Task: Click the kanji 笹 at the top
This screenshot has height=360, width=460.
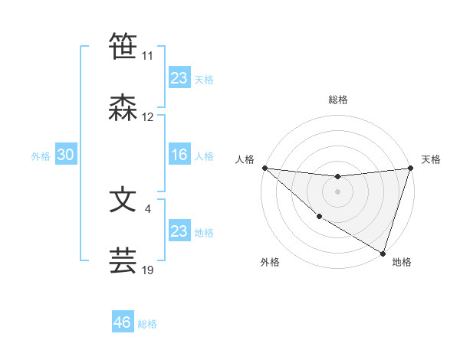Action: click(x=123, y=46)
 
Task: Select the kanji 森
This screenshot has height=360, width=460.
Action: click(x=123, y=108)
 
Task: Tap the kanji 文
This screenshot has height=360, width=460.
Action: click(x=123, y=199)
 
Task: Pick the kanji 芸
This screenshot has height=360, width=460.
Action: click(x=123, y=260)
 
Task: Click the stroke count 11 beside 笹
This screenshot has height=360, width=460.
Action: click(x=148, y=56)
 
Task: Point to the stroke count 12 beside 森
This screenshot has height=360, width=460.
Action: click(x=148, y=117)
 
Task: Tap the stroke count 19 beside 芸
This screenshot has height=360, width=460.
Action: click(x=148, y=270)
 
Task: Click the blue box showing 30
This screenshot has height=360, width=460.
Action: click(x=65, y=155)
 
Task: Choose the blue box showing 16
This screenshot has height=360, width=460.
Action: click(x=179, y=155)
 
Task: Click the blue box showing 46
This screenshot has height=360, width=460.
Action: click(x=122, y=322)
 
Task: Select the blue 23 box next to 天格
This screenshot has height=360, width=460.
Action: click(x=179, y=78)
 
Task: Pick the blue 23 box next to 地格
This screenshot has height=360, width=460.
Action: click(x=179, y=231)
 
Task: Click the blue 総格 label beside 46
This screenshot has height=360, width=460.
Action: click(x=147, y=324)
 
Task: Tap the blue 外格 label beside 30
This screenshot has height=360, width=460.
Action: click(x=41, y=156)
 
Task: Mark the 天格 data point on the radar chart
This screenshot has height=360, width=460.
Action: click(x=411, y=168)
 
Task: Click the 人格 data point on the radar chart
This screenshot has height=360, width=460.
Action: click(x=264, y=168)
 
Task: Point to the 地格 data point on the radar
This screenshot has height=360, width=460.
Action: click(x=383, y=254)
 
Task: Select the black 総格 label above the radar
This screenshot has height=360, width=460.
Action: click(x=338, y=100)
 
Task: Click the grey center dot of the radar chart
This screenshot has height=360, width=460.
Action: click(x=338, y=191)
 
